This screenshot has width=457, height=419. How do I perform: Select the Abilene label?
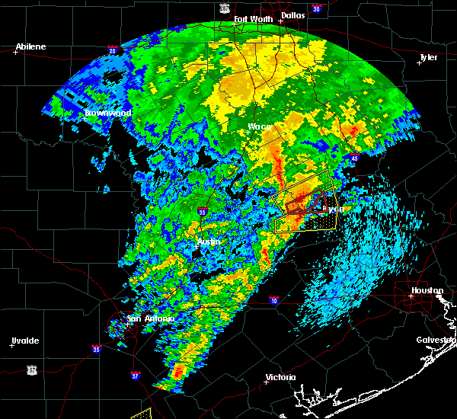(30, 46)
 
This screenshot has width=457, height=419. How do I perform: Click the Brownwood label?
(108, 113)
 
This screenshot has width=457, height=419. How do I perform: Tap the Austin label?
(209, 241)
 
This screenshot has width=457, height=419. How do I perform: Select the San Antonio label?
(151, 318)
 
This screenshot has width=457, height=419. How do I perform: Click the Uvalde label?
(25, 340)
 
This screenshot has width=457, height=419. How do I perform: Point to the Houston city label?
(427, 290)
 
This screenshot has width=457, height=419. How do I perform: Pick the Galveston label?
(435, 340)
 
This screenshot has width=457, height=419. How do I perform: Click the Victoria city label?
(280, 378)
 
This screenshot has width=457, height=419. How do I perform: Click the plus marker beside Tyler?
(418, 63)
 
